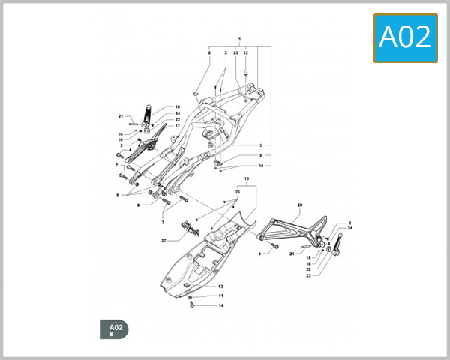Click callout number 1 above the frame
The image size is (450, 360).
pyautogui.click(x=239, y=39)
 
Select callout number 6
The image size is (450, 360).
pyautogui.click(x=209, y=53)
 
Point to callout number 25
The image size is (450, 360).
pyautogui.click(x=235, y=53)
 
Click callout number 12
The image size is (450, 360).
pyautogui.click(x=245, y=53)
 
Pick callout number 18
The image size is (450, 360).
pyautogui.click(x=178, y=106)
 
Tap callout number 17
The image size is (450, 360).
pyautogui.click(x=178, y=126)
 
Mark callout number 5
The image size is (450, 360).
pyautogui.click(x=261, y=145)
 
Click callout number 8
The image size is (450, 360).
pyautogui.click(x=261, y=155)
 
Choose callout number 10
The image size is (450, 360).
pyautogui.click(x=261, y=166)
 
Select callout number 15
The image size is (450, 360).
pyautogui.click(x=246, y=180)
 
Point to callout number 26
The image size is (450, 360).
pyautogui.click(x=238, y=192)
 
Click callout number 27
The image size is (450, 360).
pyautogui.click(x=163, y=241)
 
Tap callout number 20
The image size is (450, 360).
pyautogui.click(x=300, y=205)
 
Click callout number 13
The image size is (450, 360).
pyautogui.click(x=221, y=286)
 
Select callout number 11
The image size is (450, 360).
pyautogui.click(x=221, y=296)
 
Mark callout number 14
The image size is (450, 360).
pyautogui.click(x=221, y=306)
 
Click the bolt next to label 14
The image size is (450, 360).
pyautogui.click(x=194, y=306)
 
